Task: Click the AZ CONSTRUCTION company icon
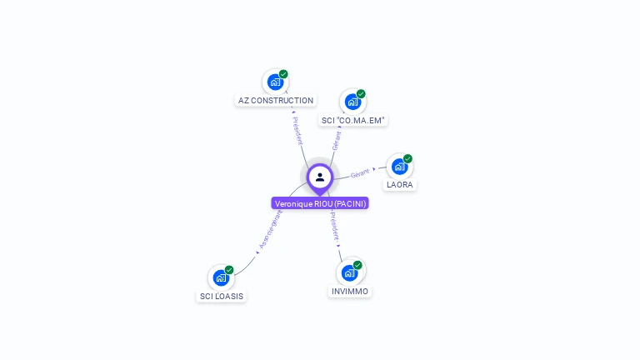click(275, 82)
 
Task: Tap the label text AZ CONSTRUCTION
click(276, 101)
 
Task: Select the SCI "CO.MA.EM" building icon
click(352, 102)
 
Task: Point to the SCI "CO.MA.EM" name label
click(353, 121)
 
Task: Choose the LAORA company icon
click(399, 166)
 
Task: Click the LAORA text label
click(399, 185)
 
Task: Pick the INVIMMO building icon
click(350, 272)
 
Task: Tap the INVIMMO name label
click(350, 292)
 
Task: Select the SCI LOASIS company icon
click(221, 277)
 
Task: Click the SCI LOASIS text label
click(222, 297)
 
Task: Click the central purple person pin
click(320, 177)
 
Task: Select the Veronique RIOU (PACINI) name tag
click(320, 203)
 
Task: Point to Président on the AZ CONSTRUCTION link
click(297, 130)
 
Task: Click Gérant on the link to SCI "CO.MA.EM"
click(336, 140)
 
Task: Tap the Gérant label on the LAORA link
click(360, 173)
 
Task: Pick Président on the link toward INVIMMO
click(334, 227)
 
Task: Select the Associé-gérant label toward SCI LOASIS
click(271, 229)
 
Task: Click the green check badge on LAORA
click(407, 158)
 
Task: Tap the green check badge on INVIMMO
click(357, 265)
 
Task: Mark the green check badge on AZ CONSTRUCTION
click(283, 74)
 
